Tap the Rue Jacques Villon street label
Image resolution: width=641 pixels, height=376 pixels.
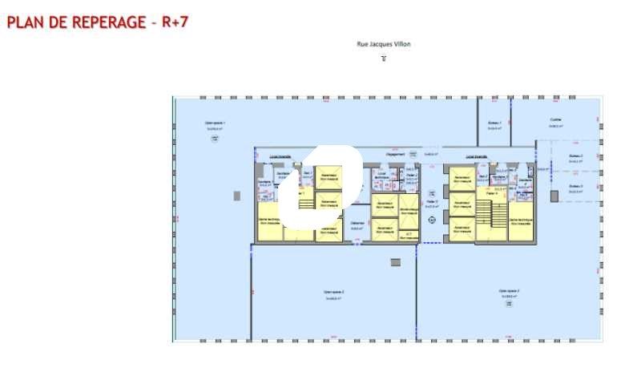click(383, 45)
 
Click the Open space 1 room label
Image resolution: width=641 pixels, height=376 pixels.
click(214, 123)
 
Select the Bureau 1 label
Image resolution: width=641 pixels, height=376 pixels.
click(494, 123)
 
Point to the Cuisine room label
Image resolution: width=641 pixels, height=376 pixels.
click(555, 120)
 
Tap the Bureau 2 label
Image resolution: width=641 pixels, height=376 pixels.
click(575, 156)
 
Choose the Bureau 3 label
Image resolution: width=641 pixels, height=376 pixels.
click(575, 186)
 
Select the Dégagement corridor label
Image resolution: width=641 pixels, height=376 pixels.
click(395, 153)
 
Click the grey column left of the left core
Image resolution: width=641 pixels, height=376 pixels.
click(236, 195)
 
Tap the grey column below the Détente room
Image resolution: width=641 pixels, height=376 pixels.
click(394, 262)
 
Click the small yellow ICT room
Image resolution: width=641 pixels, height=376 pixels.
click(409, 234)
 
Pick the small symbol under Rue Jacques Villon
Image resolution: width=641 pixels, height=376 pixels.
click(383, 59)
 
